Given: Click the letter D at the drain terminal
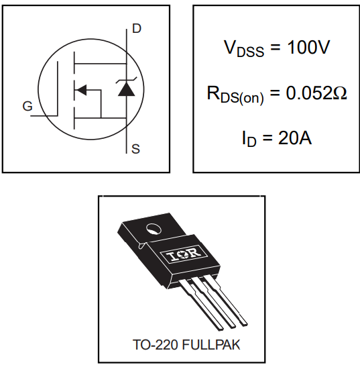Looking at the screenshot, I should click(x=137, y=28).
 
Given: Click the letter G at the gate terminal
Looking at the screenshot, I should click(x=27, y=106).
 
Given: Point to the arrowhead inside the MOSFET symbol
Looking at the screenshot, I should click(x=81, y=89).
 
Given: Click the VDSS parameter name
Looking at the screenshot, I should click(x=243, y=50).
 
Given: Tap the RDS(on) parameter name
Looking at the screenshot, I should click(x=235, y=95).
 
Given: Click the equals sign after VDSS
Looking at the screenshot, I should click(x=274, y=49).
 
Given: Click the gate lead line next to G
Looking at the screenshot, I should click(x=44, y=115).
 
